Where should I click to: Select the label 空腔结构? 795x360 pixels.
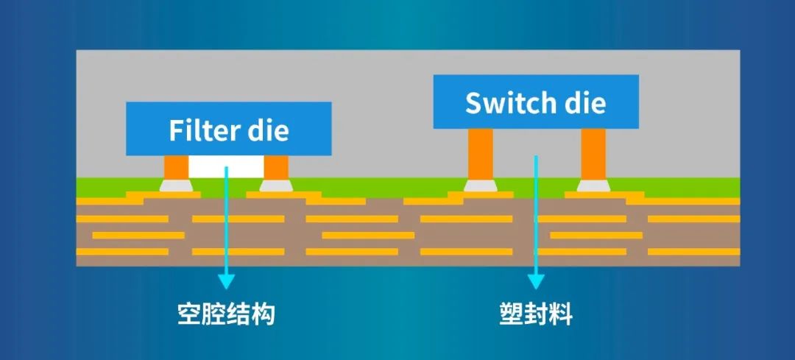pos(226,314)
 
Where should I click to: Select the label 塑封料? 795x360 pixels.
pos(535,314)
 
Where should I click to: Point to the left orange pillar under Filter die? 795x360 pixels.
pos(176,166)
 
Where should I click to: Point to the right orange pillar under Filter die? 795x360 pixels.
pos(275,166)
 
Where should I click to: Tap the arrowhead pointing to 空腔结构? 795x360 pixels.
pos(227,280)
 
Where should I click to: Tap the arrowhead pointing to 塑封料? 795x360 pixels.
pos(536,280)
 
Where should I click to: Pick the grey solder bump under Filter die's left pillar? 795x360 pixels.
pos(176,185)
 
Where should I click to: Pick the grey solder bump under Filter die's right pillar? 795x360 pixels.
pos(275,185)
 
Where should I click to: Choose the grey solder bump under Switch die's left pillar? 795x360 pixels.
pos(481,185)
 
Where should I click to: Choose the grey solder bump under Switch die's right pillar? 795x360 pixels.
pos(593,185)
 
